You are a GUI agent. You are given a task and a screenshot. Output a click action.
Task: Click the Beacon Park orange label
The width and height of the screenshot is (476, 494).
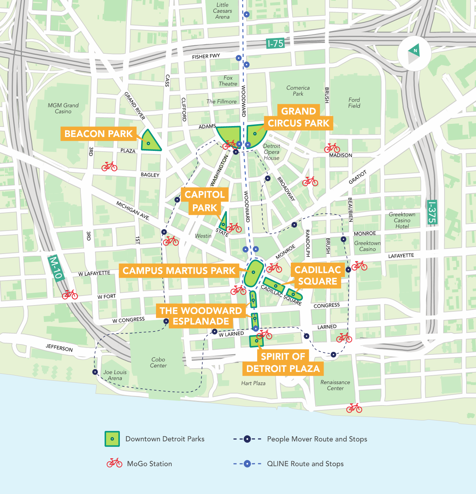(x=98, y=134)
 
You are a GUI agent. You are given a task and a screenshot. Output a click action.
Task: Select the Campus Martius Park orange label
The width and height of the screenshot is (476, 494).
(x=179, y=271)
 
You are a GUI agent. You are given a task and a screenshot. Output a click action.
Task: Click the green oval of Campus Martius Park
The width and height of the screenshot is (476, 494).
(x=254, y=273)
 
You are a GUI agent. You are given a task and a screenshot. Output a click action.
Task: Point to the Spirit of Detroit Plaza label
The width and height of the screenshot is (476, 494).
(x=283, y=362)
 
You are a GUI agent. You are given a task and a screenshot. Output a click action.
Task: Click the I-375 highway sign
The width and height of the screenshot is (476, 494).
(x=432, y=212)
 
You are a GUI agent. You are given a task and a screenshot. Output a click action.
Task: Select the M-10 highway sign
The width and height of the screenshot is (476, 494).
(x=56, y=267)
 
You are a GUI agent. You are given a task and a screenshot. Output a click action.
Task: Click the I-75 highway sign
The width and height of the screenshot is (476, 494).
(x=275, y=43)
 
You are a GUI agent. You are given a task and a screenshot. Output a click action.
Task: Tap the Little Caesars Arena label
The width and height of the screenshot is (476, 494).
(x=222, y=11)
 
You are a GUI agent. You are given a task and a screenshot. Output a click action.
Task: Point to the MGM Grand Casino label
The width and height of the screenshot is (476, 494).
(x=63, y=109)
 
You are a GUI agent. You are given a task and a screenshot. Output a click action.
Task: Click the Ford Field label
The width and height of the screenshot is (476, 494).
(x=354, y=103)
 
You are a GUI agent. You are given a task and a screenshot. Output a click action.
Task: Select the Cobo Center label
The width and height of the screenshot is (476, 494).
(x=158, y=362)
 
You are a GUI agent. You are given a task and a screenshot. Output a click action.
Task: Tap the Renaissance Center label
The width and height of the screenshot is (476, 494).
(x=335, y=385)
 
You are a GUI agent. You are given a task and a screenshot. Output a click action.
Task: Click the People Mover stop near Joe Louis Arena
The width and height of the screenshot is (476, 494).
(x=95, y=372)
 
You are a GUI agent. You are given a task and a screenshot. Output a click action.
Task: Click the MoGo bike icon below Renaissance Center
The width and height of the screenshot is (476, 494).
(x=354, y=408)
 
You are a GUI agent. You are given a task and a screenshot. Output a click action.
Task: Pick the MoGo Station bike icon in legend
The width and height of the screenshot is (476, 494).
(x=114, y=463)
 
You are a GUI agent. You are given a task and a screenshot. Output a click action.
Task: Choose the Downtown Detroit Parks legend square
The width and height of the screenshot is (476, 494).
(x=112, y=439)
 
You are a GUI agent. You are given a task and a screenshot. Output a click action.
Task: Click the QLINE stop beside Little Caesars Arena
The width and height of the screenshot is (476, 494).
(x=247, y=15)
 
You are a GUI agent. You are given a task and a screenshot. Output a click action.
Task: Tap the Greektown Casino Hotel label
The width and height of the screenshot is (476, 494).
(x=402, y=220)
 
